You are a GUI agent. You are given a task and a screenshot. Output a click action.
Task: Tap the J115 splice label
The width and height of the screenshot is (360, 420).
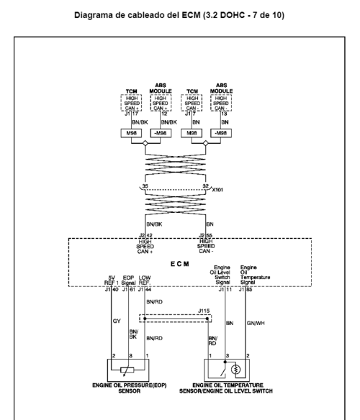[x=204, y=311]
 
